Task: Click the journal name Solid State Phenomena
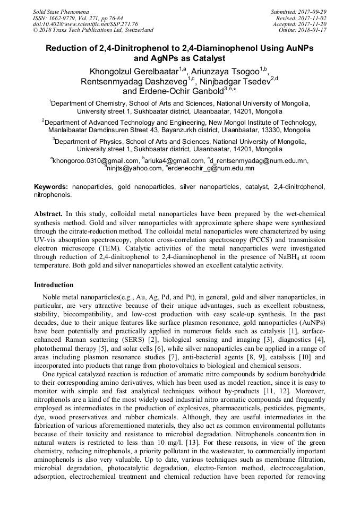tap(61, 11)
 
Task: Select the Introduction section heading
tap(54, 285)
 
